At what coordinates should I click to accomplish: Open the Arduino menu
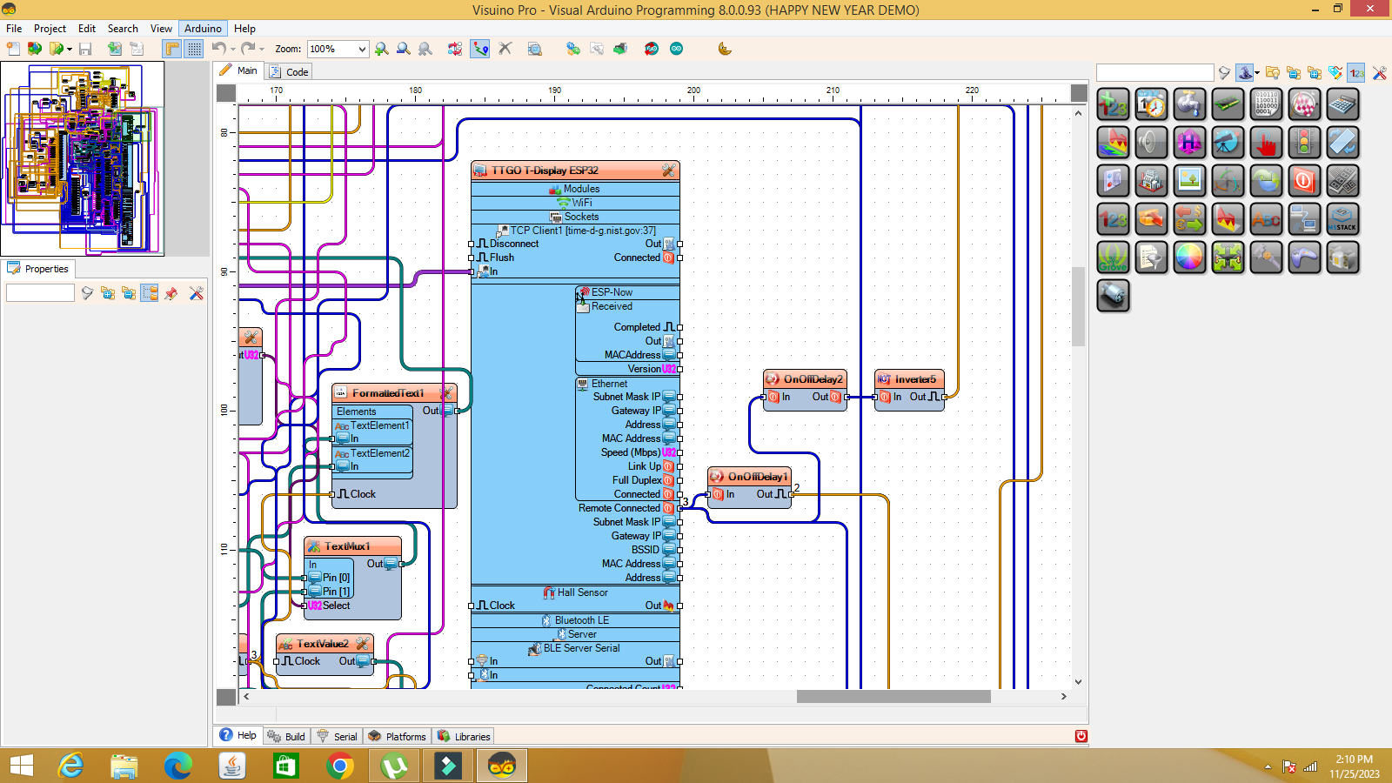(x=203, y=28)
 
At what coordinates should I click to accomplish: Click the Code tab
(x=297, y=72)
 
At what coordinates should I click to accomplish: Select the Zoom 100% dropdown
(x=338, y=49)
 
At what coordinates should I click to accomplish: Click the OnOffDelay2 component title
(x=813, y=379)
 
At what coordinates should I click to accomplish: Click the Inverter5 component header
(x=914, y=379)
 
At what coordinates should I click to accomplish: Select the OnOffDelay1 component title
(x=757, y=477)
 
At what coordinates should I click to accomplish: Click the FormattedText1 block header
(x=388, y=393)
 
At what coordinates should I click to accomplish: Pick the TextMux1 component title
(x=347, y=546)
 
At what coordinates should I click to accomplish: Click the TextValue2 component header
(x=322, y=644)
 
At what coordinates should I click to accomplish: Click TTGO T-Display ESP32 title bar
(x=545, y=171)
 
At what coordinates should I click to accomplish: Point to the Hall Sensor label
(x=582, y=592)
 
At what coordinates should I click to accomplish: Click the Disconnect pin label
(x=513, y=244)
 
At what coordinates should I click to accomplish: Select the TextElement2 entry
(x=379, y=453)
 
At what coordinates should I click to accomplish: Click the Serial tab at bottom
(x=345, y=736)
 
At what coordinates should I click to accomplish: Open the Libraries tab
(x=472, y=736)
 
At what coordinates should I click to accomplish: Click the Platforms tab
(x=405, y=736)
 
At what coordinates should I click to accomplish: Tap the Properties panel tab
(x=46, y=269)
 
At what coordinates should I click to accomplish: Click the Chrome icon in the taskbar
(x=339, y=766)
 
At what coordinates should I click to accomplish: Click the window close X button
(x=1370, y=9)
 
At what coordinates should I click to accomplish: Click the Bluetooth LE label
(x=581, y=620)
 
